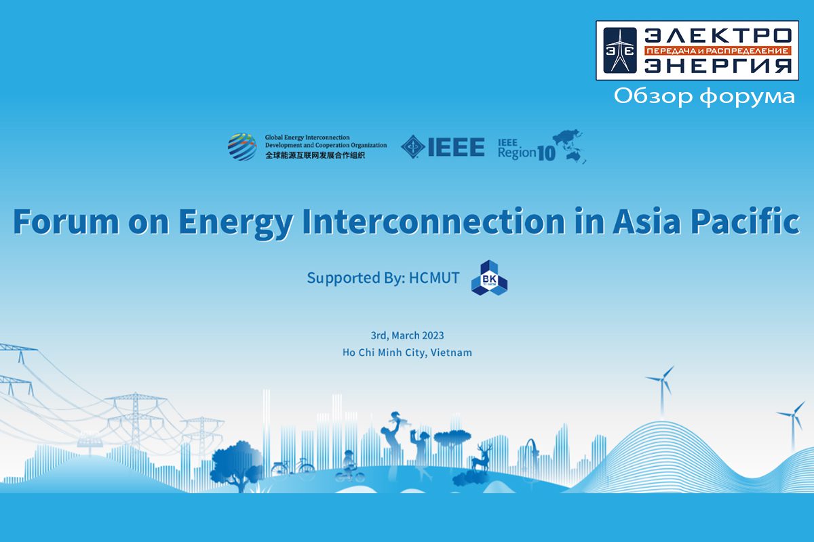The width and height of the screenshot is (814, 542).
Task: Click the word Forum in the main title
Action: coord(66,221)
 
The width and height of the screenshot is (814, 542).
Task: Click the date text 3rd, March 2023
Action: coord(407,335)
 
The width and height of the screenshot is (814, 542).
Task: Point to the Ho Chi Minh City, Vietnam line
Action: coord(407,352)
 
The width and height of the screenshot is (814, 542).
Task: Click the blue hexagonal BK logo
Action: coord(489,278)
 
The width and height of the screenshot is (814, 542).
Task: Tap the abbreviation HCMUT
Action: coord(434,278)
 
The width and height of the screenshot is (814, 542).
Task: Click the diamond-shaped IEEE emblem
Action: coord(413,147)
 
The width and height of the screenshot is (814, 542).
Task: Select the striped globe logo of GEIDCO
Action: coord(242,146)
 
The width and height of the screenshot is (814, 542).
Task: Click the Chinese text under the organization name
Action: coord(315,155)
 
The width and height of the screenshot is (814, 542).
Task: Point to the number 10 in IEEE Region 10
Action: coord(546,154)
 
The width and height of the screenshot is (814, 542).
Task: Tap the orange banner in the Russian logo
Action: coord(718,50)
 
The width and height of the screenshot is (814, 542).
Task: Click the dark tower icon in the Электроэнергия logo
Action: coord(620,50)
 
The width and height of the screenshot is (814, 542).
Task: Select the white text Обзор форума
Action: coord(704,96)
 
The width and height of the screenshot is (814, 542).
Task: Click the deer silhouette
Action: coord(482,458)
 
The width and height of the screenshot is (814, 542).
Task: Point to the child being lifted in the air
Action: coord(398,419)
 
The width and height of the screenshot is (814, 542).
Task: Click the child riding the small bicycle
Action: coord(349,467)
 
